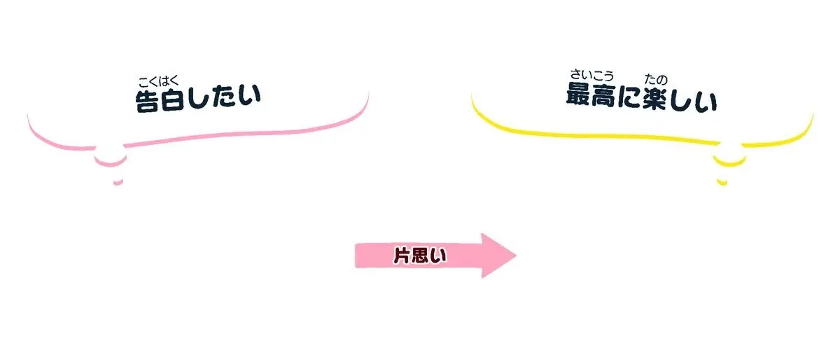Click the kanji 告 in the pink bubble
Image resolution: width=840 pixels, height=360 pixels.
pos(146,101)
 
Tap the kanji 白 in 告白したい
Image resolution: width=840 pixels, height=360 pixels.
pos(172,99)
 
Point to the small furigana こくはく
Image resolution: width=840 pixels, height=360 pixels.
pos(159,81)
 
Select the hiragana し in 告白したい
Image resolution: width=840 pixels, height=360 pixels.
pos(198,97)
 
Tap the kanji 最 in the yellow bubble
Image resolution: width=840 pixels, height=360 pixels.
pos(578,94)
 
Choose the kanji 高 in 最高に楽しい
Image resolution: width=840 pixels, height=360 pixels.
pos(603,96)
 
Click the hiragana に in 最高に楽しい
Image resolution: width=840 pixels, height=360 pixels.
pos(629,97)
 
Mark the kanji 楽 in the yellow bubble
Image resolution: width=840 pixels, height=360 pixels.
pos(654,99)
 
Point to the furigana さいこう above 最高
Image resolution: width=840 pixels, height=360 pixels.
pos(591,75)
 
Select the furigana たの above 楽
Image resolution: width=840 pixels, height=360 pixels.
pos(656,79)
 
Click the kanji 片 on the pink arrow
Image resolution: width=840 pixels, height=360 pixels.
pos(401,255)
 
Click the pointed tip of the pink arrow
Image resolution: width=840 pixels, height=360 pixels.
pos(517,256)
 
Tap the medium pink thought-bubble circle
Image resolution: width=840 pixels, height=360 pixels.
pos(111,163)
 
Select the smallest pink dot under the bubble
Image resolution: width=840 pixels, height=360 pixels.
pos(118,183)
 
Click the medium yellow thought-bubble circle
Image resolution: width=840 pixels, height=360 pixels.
pos(729,164)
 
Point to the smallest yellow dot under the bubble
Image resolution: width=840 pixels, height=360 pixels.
pos(722,183)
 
